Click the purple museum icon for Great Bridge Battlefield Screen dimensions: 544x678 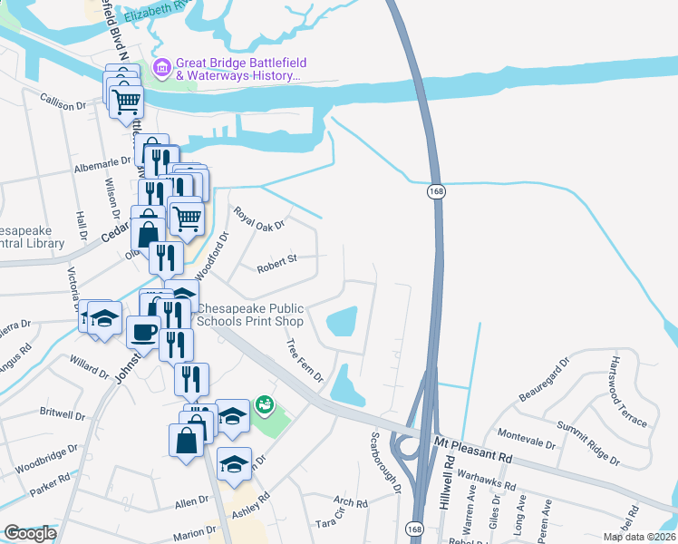pyautogui.click(x=162, y=66)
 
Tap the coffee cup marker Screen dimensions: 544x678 pyautogui.click(x=143, y=333)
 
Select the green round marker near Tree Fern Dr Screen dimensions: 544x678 pyautogui.click(x=266, y=403)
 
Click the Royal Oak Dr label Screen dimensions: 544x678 pyautogui.click(x=259, y=218)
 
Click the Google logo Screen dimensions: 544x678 pyautogui.click(x=30, y=533)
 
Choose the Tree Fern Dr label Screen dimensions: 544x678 pyautogui.click(x=305, y=361)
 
